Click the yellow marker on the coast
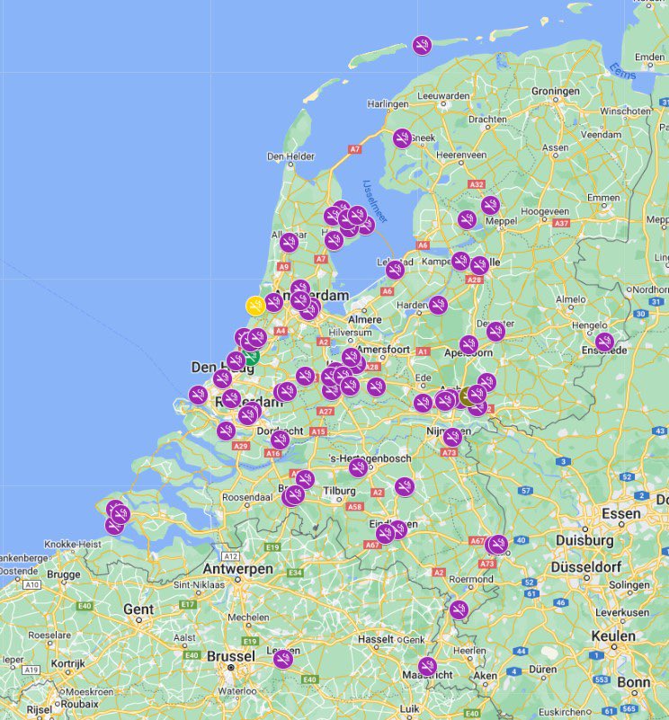click(x=255, y=306)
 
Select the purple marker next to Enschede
click(x=604, y=342)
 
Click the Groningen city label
click(x=555, y=92)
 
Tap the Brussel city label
click(x=231, y=656)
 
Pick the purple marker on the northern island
click(x=422, y=45)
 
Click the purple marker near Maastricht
click(x=428, y=666)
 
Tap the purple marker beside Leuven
click(x=283, y=659)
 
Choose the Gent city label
click(x=138, y=609)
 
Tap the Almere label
click(x=364, y=319)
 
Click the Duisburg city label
click(x=584, y=540)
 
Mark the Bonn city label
click(x=634, y=682)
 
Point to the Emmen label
click(x=602, y=198)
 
